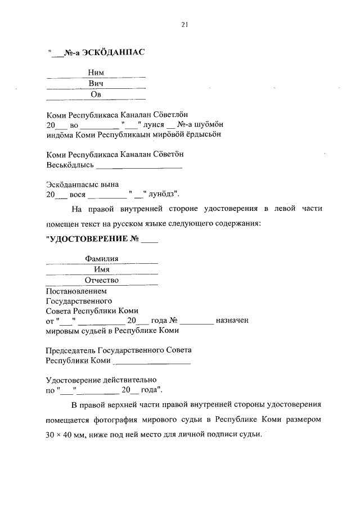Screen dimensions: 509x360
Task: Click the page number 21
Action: coord(184,24)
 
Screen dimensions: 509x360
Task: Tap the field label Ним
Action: coord(96,73)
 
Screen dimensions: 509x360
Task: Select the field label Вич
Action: coord(96,84)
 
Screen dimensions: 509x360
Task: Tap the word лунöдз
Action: coord(163,194)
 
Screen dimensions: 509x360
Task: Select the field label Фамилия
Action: coord(101,259)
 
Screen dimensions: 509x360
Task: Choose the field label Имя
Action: coord(101,269)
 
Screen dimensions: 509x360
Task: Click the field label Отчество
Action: coord(101,280)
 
